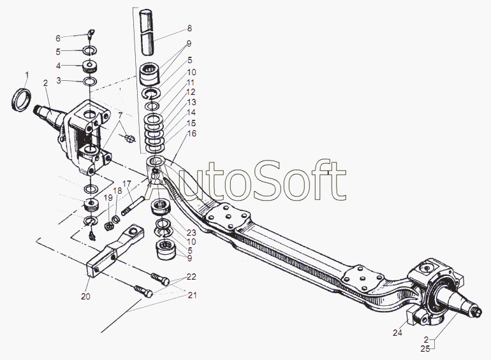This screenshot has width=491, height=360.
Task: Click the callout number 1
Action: coord(27,75)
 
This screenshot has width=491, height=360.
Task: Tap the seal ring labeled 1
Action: coord(21,99)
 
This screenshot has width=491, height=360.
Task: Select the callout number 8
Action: coord(189,29)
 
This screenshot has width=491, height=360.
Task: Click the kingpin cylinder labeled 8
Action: coord(147,32)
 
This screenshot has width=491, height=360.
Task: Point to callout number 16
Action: coord(192,134)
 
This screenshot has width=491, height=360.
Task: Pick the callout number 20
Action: coord(85,296)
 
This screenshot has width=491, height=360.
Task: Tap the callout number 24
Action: coord(397,333)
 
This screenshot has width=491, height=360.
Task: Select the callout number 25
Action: coord(425,349)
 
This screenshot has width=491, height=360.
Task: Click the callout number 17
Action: coord(127,184)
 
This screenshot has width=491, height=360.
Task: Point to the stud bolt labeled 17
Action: coord(133,206)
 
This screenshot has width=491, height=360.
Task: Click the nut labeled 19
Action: coord(107,226)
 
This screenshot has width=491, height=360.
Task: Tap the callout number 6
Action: coord(58,38)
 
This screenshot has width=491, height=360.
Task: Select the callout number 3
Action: coord(59,81)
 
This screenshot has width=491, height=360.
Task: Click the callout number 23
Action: coord(191,233)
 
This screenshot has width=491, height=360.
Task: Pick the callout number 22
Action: coord(192,277)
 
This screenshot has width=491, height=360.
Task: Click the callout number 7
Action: coord(121,115)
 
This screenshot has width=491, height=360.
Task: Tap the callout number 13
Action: coord(191,103)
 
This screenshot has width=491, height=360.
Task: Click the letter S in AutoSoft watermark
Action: coord(266,181)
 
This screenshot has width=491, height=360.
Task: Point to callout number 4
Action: coord(58,66)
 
